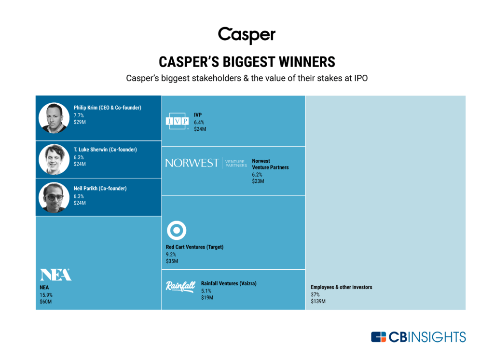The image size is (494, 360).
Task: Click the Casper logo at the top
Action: coord(247,35)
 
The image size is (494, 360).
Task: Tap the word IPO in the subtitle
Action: coord(361,78)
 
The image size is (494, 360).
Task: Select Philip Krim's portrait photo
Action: coord(54,118)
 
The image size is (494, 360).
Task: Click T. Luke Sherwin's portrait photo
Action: coord(54,160)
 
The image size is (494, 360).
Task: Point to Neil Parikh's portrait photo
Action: coord(54,198)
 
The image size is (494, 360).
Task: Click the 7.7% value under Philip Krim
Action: coord(79,115)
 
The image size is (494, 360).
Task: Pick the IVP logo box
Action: coord(177,121)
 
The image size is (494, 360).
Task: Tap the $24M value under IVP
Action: coord(200,129)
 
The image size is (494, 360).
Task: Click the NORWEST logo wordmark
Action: coord(192,163)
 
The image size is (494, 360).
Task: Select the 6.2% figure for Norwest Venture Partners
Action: coord(257,174)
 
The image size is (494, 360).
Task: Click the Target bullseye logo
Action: coord(177,230)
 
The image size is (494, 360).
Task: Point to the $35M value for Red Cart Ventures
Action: coord(172,261)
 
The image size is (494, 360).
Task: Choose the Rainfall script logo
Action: coord(180,286)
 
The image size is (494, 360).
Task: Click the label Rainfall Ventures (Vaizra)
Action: coord(229,283)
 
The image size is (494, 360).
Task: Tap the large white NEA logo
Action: coord(55,275)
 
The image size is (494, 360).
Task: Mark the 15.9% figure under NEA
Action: coord(46,295)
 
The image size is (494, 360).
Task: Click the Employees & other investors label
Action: coord(342,287)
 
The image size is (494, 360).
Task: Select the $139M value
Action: coord(318,301)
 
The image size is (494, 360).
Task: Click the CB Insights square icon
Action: coord(378,337)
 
